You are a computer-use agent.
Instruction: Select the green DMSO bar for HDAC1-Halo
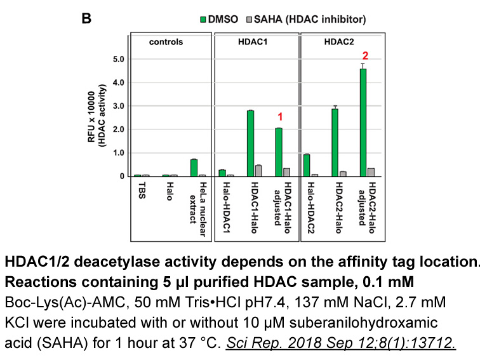251,143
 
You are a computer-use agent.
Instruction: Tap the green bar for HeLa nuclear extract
194,168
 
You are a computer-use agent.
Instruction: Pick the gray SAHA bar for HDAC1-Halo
258,170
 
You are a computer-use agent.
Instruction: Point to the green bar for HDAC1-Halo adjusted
279,152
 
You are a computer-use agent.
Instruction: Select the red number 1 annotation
279,117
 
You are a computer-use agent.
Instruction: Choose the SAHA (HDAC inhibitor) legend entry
305,19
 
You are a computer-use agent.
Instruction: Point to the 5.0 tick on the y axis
118,59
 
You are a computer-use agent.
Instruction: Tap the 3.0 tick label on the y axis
118,106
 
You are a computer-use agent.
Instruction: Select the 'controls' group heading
166,42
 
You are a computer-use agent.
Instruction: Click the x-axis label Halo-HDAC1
223,203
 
